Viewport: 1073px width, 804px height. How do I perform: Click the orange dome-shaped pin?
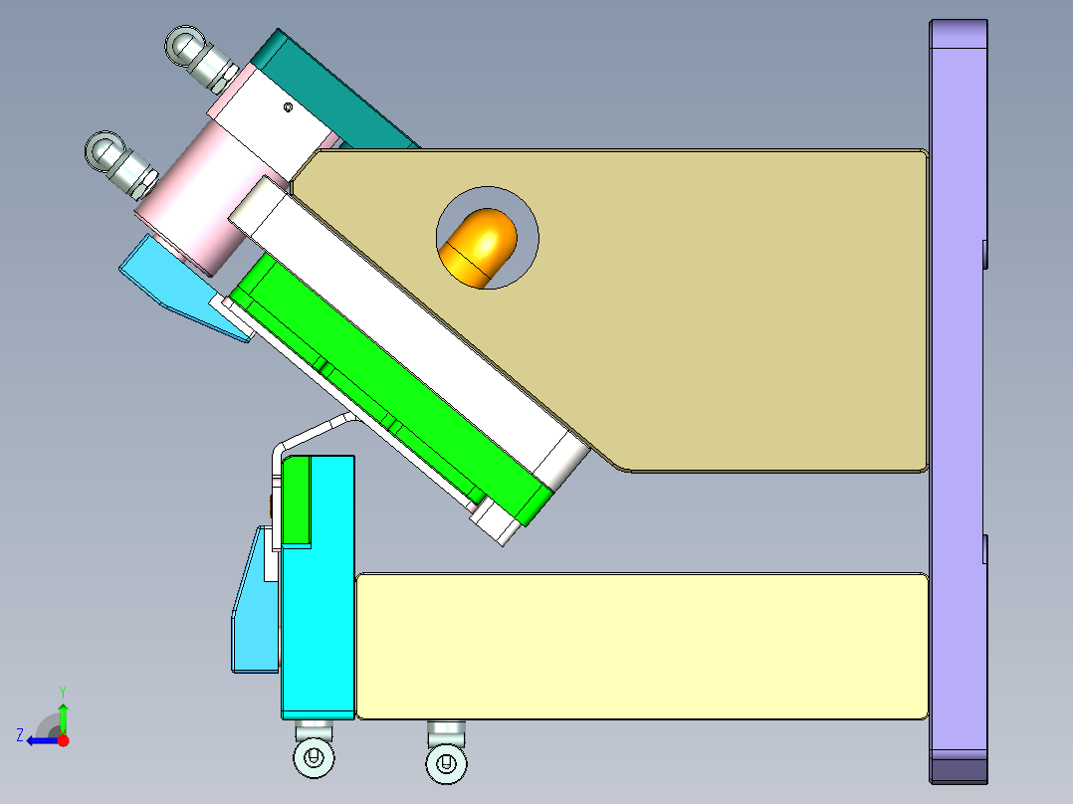tap(479, 245)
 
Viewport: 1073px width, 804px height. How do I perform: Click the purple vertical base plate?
tap(957, 398)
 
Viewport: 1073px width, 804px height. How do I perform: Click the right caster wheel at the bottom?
tap(446, 763)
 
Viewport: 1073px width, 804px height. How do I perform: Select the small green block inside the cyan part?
tap(297, 502)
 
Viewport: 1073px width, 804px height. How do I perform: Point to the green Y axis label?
tap(62, 691)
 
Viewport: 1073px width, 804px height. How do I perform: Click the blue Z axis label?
tap(19, 735)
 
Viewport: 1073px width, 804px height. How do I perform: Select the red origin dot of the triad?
tap(63, 740)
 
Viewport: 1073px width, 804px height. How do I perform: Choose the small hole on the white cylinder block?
tap(288, 107)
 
